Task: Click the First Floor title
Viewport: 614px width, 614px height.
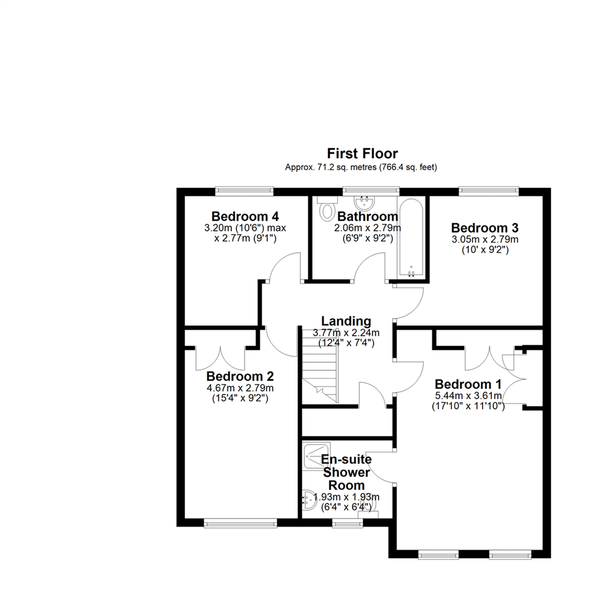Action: click(x=362, y=153)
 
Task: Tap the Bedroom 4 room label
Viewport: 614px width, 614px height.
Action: click(x=245, y=216)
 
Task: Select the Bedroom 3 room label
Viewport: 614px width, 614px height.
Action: click(x=485, y=227)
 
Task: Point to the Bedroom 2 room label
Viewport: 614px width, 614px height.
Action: click(x=240, y=376)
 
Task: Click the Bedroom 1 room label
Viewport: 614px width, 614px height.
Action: click(x=468, y=384)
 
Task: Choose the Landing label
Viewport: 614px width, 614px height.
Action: click(x=346, y=321)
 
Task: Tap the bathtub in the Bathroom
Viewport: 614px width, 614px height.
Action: click(x=410, y=237)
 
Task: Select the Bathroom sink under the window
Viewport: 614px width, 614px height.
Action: click(x=364, y=203)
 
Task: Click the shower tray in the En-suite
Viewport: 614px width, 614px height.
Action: click(x=317, y=456)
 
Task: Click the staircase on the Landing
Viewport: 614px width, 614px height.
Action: click(x=320, y=365)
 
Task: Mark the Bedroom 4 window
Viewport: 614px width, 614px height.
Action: click(x=244, y=190)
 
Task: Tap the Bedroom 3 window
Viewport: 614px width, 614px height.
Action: click(x=489, y=190)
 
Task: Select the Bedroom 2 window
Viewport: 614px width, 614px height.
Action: click(x=240, y=523)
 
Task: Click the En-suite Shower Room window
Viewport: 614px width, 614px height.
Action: click(x=348, y=523)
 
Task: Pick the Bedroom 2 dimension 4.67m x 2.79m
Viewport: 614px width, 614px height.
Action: click(x=240, y=388)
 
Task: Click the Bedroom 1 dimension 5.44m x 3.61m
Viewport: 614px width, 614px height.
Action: click(x=468, y=396)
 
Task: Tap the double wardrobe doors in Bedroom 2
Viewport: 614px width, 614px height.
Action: click(x=221, y=358)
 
